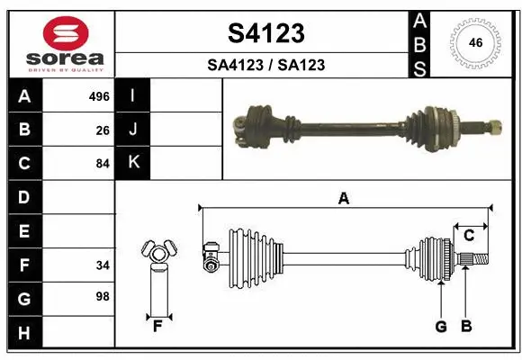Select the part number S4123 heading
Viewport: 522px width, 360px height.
265,34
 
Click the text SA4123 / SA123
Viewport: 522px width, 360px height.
265,65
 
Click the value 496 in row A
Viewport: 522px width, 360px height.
99,96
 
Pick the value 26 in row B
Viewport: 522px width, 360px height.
103,130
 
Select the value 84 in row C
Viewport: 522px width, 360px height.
103,164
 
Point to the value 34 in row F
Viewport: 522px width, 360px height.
103,265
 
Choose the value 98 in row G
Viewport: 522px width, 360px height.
103,297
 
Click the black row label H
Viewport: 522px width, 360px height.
23,333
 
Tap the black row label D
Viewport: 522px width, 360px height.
23,197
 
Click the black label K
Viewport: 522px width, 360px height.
133,162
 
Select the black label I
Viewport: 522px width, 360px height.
133,95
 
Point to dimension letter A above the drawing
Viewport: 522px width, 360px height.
343,199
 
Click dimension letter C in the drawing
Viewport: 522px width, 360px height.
469,235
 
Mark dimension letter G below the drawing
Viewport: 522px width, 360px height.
441,327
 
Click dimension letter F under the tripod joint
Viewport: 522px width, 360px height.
157,327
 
